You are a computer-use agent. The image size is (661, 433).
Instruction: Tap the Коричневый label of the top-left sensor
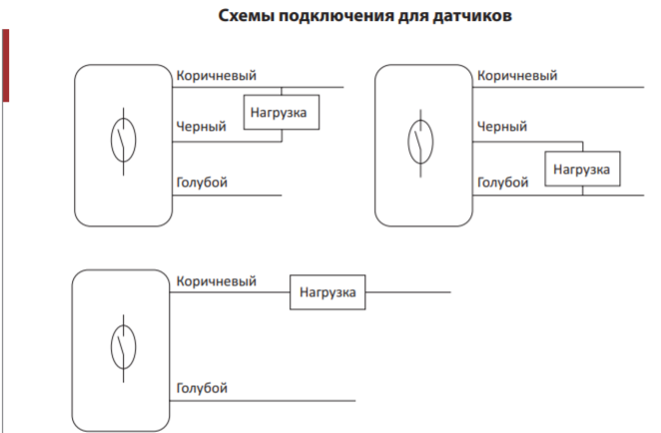[x=217, y=76]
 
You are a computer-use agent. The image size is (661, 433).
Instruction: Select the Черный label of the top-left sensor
[x=201, y=127]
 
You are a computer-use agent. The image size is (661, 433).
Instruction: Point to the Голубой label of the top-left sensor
[x=202, y=183]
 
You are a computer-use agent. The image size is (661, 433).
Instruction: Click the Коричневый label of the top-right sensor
[x=517, y=76]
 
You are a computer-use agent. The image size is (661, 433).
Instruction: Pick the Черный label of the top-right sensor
[x=502, y=127]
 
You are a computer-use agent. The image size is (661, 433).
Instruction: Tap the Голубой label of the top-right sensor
[x=503, y=183]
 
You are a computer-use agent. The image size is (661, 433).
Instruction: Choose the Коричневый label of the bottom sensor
[x=217, y=281]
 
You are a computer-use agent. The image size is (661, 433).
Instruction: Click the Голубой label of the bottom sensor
[x=202, y=388]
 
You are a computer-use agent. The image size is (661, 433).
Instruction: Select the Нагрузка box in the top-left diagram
[x=282, y=112]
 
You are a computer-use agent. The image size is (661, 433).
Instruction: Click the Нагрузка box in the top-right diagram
[x=582, y=169]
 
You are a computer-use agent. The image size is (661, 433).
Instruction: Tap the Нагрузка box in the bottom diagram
[x=328, y=292]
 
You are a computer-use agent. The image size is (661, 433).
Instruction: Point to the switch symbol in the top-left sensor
[x=123, y=141]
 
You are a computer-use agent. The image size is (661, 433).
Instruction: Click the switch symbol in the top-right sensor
[x=420, y=143]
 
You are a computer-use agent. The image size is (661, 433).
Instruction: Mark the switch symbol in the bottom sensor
[x=123, y=348]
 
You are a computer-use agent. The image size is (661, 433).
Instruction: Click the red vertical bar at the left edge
[x=5, y=65]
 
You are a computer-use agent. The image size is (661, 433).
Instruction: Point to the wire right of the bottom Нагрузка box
[x=408, y=292]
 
